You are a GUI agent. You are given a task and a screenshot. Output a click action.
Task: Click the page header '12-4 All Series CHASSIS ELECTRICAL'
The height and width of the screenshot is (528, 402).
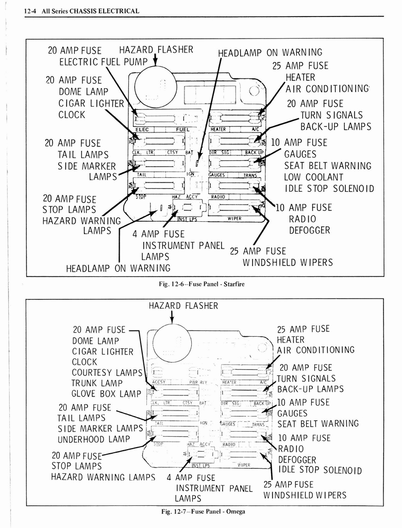click(82, 11)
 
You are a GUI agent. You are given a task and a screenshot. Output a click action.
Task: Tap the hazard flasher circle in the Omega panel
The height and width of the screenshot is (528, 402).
click(172, 343)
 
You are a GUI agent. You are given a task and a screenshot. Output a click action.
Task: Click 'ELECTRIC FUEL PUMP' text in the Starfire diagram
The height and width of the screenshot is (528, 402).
click(103, 62)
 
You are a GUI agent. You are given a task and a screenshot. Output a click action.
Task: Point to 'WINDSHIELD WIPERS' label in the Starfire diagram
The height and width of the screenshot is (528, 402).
click(288, 262)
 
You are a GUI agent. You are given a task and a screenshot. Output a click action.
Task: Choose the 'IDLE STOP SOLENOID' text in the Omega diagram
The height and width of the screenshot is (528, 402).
click(320, 470)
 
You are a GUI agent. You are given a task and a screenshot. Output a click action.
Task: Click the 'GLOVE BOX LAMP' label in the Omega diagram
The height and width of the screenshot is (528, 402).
click(106, 394)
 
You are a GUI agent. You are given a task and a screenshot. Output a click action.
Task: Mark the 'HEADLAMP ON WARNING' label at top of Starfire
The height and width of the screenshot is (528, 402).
click(270, 53)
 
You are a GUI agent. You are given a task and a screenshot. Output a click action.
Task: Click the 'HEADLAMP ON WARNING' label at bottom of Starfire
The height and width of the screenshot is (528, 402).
click(118, 268)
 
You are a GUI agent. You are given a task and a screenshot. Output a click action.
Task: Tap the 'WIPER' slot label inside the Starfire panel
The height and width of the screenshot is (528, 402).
click(234, 219)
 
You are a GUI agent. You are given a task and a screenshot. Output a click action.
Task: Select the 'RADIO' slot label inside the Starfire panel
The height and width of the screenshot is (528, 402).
click(219, 196)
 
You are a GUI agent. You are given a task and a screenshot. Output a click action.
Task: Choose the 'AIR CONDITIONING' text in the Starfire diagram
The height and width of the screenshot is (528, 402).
click(328, 88)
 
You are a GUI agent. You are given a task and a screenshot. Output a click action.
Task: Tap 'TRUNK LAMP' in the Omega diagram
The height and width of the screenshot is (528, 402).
click(97, 383)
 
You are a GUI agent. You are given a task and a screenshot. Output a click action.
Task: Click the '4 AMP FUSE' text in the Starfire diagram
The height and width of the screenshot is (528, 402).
click(158, 234)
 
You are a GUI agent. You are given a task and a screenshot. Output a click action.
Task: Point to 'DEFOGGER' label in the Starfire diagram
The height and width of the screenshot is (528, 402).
click(309, 230)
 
